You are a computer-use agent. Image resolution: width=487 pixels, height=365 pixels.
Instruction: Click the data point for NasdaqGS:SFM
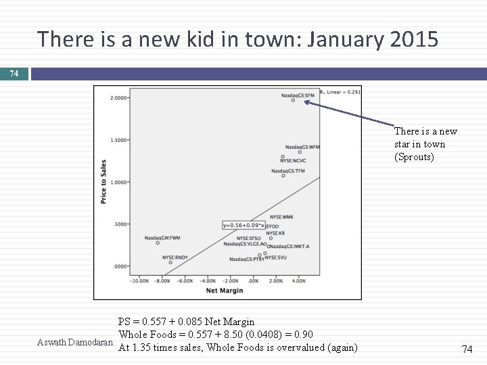click(x=293, y=100)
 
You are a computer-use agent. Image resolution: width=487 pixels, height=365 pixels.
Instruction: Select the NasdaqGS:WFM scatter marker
click(x=300, y=152)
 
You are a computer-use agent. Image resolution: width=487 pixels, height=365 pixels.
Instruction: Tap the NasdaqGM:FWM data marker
click(x=158, y=243)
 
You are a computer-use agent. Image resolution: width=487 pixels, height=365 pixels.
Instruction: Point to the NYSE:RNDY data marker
click(x=170, y=262)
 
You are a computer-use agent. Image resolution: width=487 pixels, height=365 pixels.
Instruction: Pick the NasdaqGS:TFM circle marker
click(x=283, y=176)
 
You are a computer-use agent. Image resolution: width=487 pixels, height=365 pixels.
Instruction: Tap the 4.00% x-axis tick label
click(x=298, y=281)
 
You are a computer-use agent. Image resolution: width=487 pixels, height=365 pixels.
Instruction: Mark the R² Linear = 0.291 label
click(x=342, y=91)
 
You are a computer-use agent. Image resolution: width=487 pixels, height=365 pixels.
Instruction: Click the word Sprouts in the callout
click(x=419, y=157)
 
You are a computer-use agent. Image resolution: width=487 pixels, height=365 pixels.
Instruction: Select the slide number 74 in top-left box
click(x=14, y=73)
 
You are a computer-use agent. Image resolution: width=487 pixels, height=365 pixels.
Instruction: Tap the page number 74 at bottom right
click(x=466, y=349)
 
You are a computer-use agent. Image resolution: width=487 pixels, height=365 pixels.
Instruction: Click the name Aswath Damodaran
click(x=74, y=342)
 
